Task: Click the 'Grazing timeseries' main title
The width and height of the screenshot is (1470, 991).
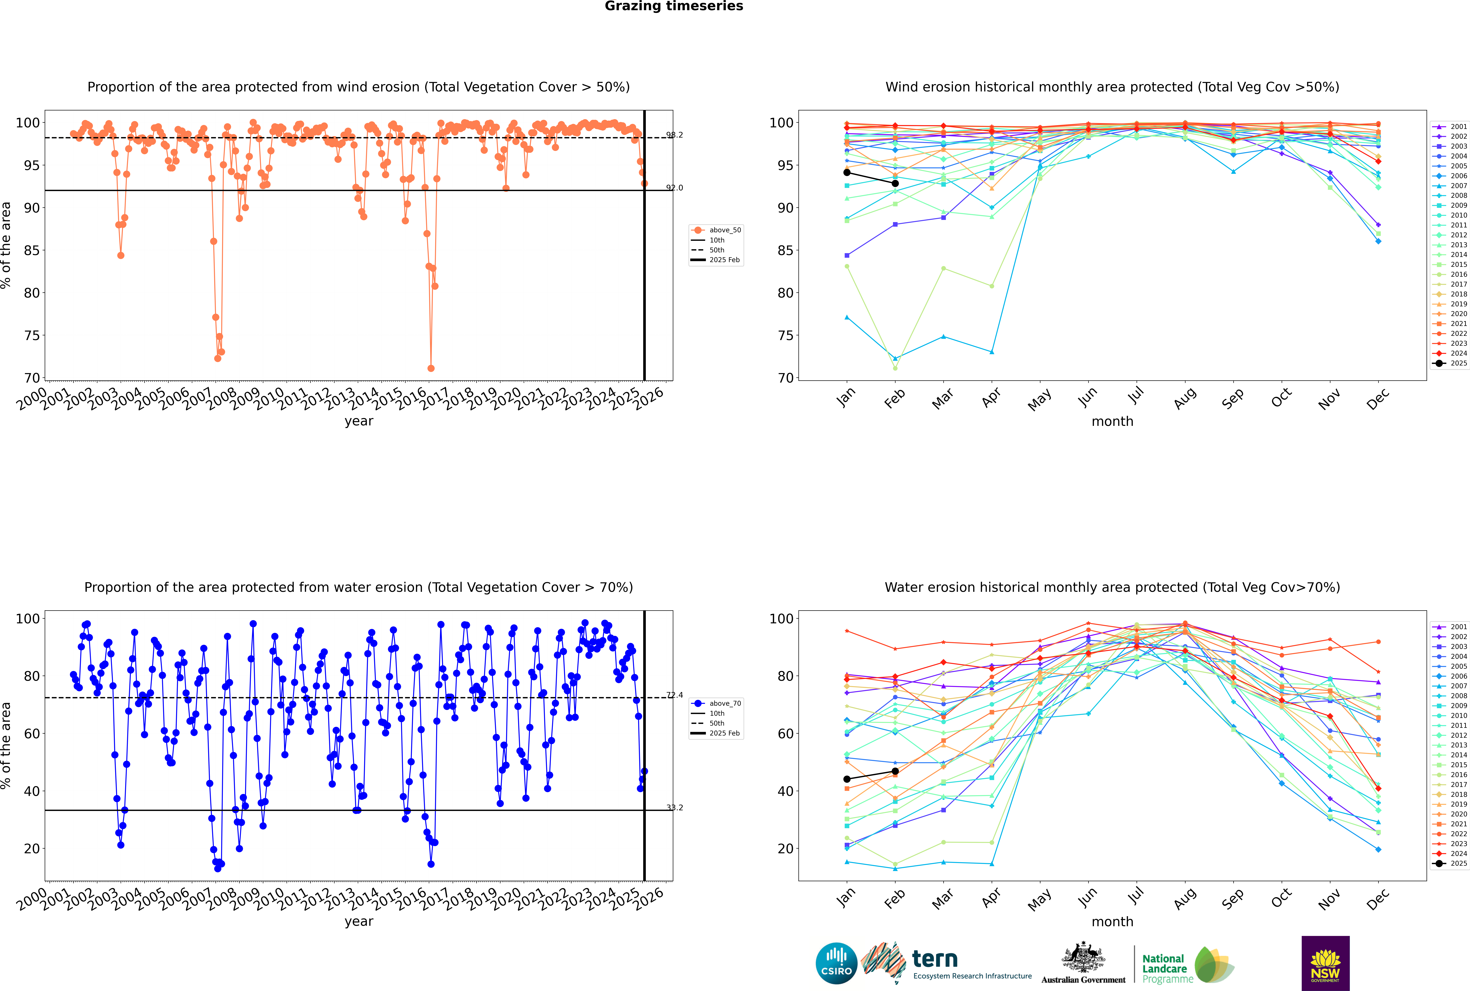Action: (x=674, y=6)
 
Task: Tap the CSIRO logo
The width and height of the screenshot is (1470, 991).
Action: (x=836, y=963)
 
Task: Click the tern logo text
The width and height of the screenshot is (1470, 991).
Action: (x=935, y=959)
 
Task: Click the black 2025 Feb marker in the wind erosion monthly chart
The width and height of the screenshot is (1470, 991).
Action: (x=895, y=183)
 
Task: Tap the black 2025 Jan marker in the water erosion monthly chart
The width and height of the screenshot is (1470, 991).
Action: (x=847, y=779)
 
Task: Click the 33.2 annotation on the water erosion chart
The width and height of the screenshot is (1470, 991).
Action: (x=674, y=808)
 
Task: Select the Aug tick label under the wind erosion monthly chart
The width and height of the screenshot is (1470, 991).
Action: (x=1184, y=398)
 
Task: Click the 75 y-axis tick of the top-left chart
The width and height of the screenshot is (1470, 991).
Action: (x=32, y=336)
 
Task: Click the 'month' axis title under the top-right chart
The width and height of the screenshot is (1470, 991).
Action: (x=1112, y=422)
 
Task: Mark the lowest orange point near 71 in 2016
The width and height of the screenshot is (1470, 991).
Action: (x=431, y=368)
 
